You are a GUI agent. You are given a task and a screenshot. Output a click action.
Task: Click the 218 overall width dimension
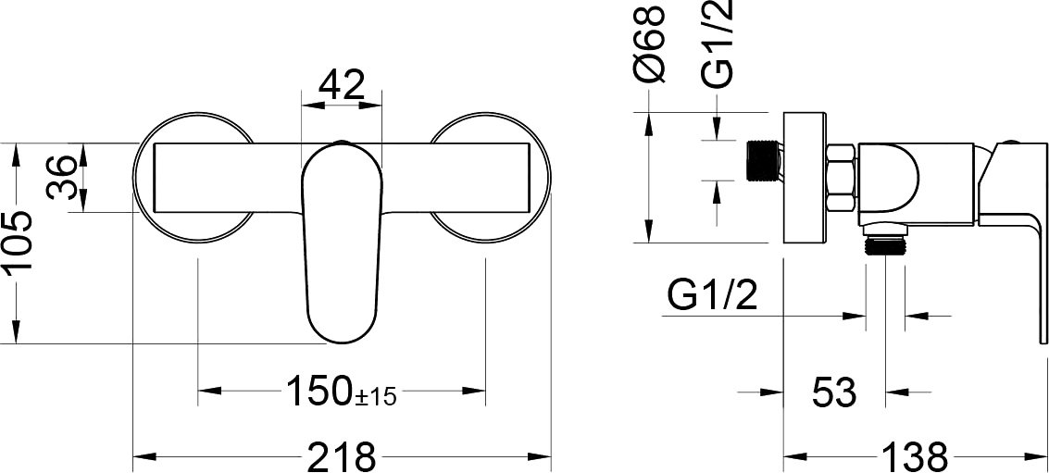(x=342, y=457)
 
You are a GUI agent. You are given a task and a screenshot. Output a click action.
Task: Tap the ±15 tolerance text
(x=376, y=397)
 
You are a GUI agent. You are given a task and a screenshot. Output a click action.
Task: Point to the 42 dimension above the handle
(x=342, y=85)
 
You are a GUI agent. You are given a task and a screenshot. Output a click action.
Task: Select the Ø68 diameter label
(x=649, y=44)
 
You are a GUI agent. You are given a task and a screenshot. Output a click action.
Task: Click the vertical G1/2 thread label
(x=719, y=44)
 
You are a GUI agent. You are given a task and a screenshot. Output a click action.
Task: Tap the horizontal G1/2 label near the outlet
(x=712, y=294)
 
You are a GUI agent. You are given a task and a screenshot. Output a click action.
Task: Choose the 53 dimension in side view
(x=834, y=392)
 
